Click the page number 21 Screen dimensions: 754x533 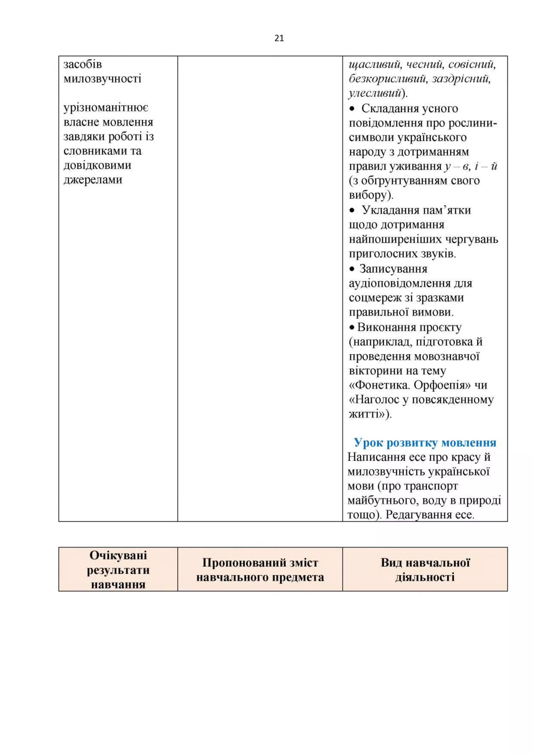pos(279,39)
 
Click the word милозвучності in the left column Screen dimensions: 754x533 pos(102,79)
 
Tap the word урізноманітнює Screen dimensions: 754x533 pos(106,108)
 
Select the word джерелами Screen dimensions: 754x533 pos(93,180)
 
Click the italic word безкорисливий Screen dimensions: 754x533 pos(388,79)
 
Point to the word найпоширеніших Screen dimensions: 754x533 pos(395,240)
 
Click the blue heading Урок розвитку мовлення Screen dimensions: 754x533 pos(425,443)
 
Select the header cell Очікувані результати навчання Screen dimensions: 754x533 pos(118,570)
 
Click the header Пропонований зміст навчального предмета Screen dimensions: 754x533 pos(260,570)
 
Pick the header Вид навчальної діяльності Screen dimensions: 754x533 pos(425,570)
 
